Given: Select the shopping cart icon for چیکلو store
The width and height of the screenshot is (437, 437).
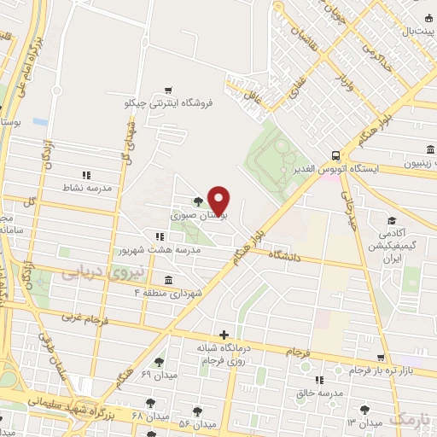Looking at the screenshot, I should (x=168, y=90).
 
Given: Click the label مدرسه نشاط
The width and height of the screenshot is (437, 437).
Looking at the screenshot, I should (x=83, y=187).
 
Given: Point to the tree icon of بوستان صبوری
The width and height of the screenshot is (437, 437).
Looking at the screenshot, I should (x=198, y=201).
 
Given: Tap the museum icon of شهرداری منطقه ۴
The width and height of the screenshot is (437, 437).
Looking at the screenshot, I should (x=167, y=279).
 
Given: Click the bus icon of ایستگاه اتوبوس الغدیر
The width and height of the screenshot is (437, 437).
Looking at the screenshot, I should (x=337, y=155).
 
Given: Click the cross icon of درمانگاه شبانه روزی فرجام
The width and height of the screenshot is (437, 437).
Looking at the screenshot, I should (x=224, y=334).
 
